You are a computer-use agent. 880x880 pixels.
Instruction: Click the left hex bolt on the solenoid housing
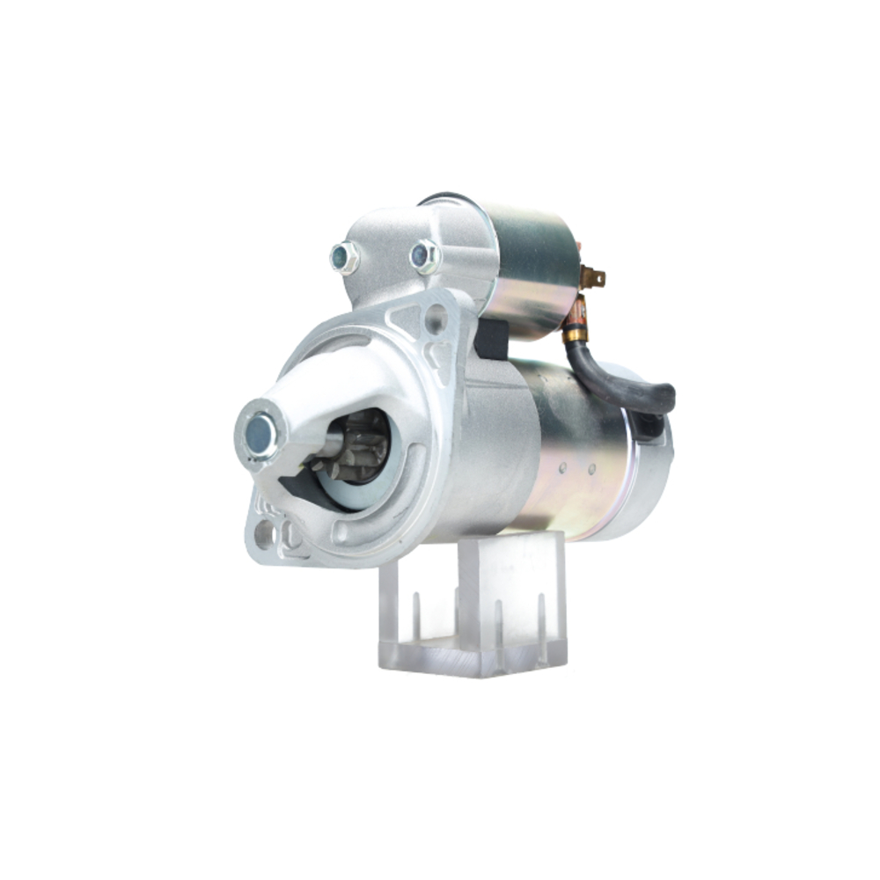click(x=343, y=258)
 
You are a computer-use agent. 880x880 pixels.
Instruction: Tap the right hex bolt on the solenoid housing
click(x=424, y=256)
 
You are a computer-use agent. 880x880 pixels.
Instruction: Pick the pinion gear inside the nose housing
click(x=361, y=449)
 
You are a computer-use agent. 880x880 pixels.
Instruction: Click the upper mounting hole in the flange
click(x=436, y=319)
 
